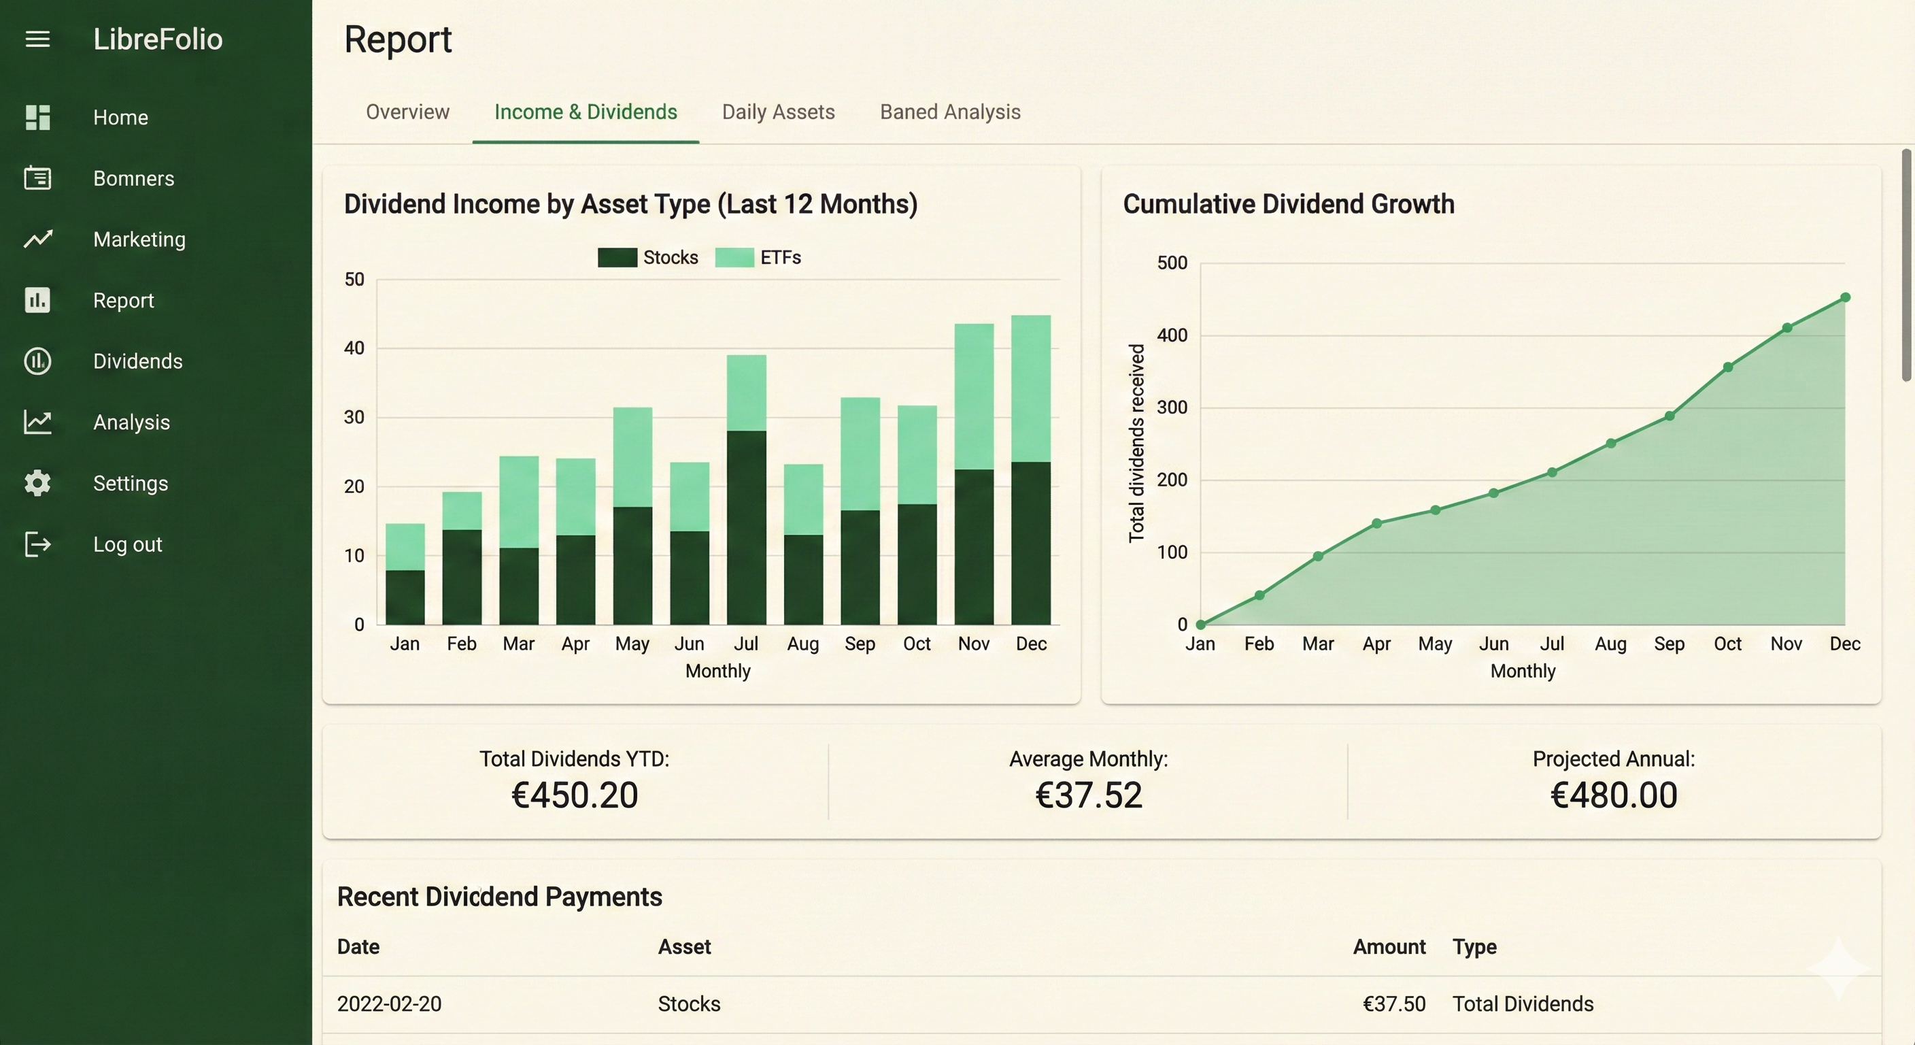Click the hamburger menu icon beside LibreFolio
(x=37, y=39)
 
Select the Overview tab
(x=407, y=112)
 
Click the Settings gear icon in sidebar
(x=37, y=484)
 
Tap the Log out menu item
(x=127, y=544)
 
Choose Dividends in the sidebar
(x=137, y=361)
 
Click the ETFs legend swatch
(x=734, y=257)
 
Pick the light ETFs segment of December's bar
(x=1030, y=388)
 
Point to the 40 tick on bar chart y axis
(x=354, y=348)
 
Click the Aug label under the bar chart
(x=803, y=644)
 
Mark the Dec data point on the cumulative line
(x=1845, y=297)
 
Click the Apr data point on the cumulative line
(x=1377, y=524)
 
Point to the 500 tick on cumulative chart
(x=1172, y=263)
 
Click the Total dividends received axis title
(x=1136, y=444)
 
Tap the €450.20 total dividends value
(x=575, y=795)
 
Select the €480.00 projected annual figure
(x=1613, y=795)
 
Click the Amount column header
(x=1389, y=947)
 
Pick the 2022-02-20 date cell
(x=389, y=1004)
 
